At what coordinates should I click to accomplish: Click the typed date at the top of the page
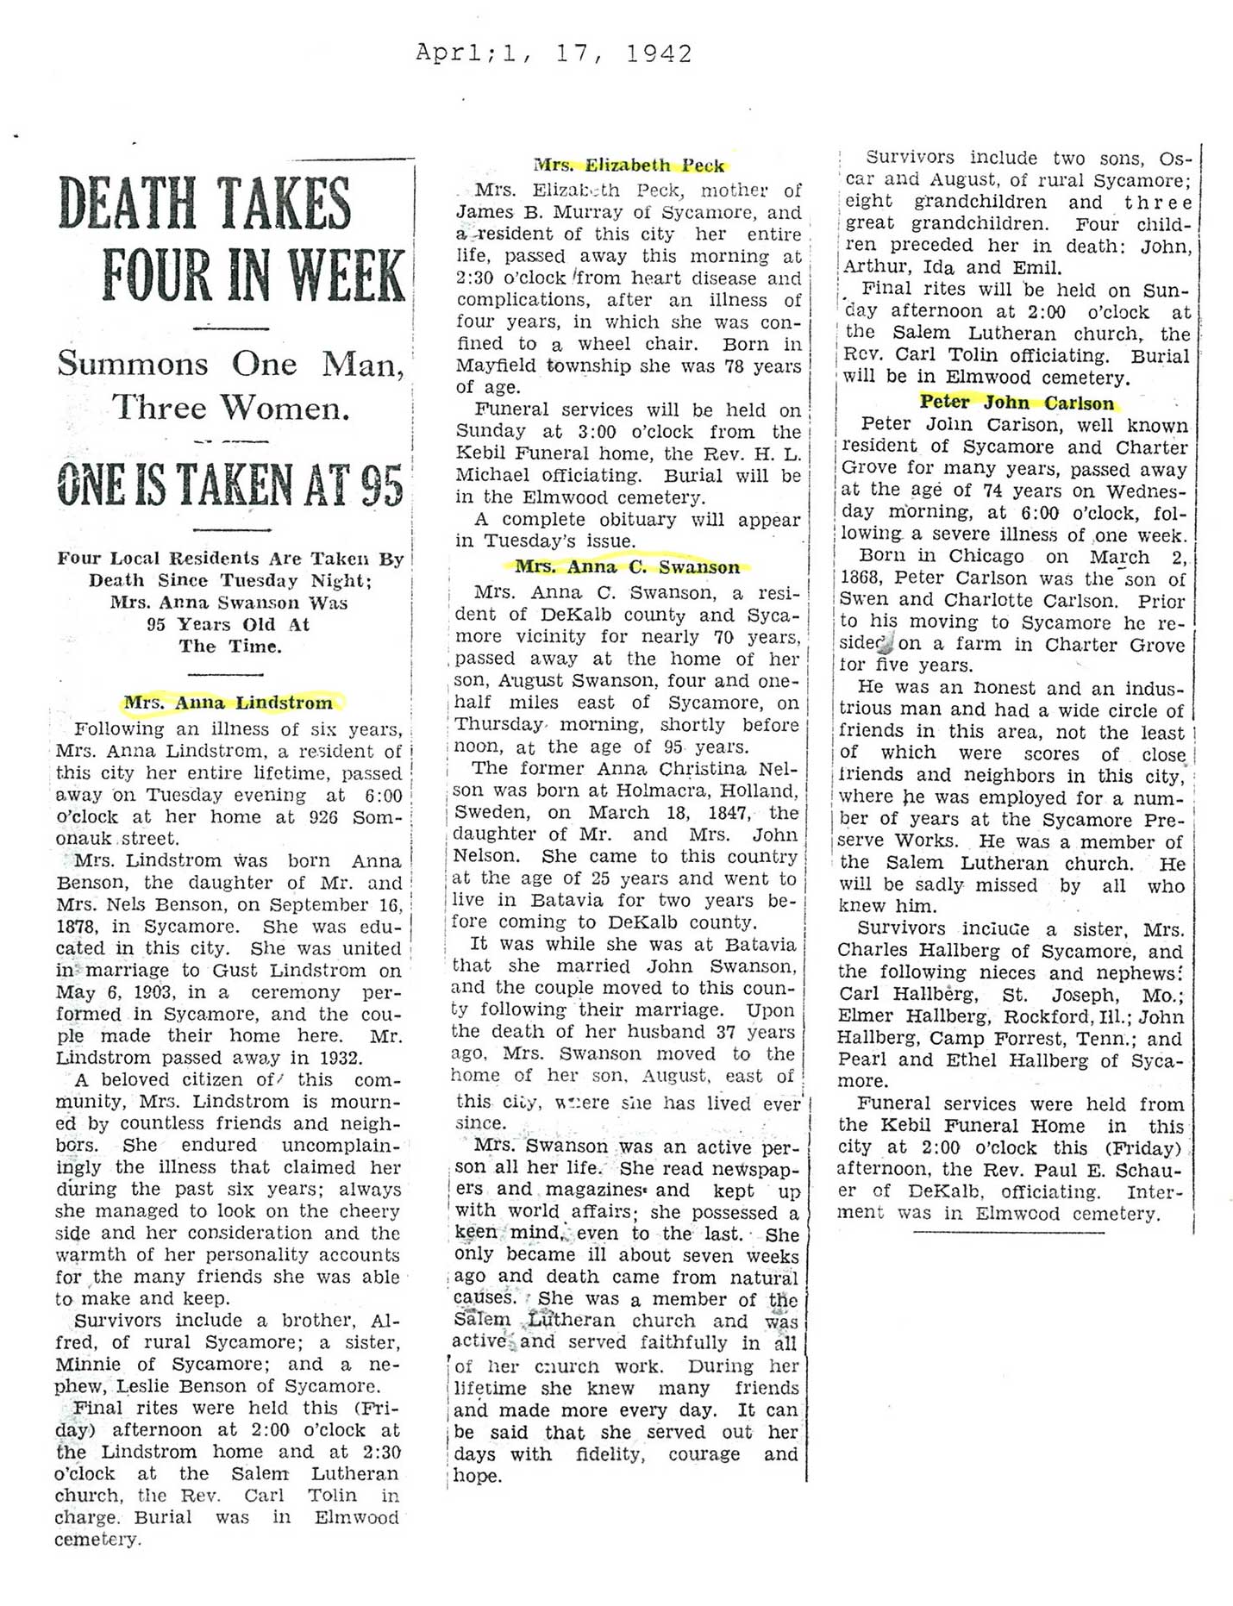(554, 53)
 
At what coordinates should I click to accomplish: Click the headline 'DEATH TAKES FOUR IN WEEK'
(231, 239)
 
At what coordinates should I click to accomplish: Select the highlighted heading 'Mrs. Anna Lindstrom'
(228, 703)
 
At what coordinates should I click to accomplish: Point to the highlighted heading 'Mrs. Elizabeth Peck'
(629, 165)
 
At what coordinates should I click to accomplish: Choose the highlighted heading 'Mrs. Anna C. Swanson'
(628, 567)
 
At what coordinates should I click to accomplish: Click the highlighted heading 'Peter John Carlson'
(1017, 403)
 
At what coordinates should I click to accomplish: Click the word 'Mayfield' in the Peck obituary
(495, 366)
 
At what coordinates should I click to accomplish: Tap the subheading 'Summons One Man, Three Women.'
(231, 385)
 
